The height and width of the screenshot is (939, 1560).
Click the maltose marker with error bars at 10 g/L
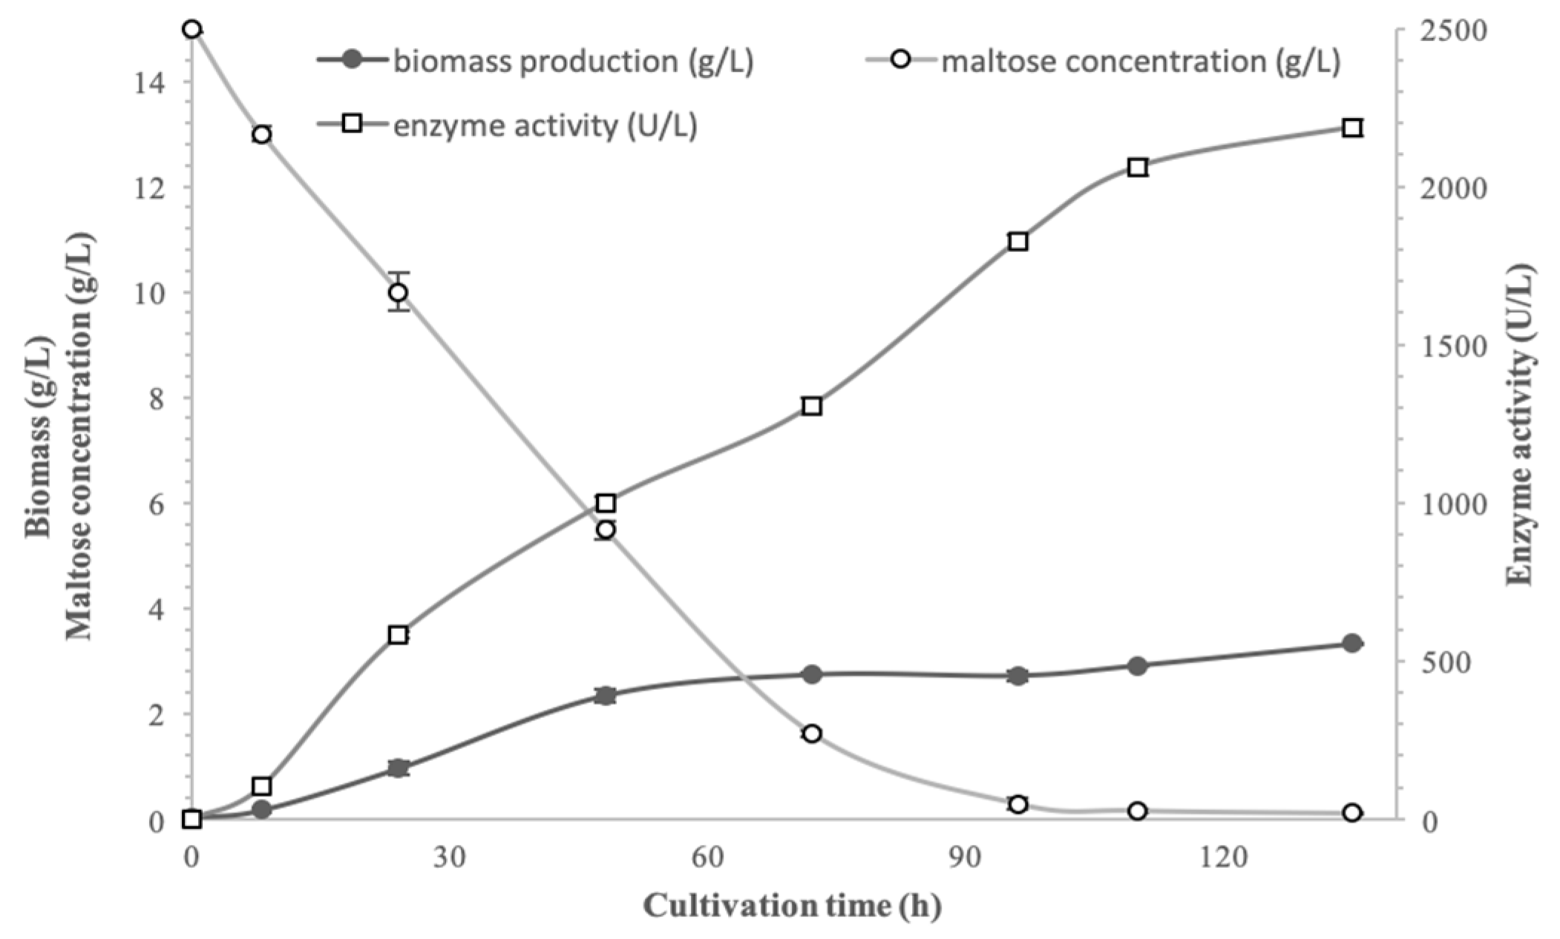click(x=398, y=292)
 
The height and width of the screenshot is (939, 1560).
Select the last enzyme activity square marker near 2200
click(x=1352, y=128)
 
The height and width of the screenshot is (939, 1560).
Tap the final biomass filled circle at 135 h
click(x=1352, y=643)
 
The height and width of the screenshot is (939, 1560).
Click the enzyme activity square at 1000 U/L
click(x=606, y=504)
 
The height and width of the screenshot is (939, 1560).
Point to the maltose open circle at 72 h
click(x=811, y=734)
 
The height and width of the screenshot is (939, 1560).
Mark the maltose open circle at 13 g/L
click(x=261, y=134)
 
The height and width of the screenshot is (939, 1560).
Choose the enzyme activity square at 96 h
click(x=1017, y=242)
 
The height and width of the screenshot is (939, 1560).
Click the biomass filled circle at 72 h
click(x=811, y=674)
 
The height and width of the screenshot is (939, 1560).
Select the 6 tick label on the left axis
click(x=154, y=504)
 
